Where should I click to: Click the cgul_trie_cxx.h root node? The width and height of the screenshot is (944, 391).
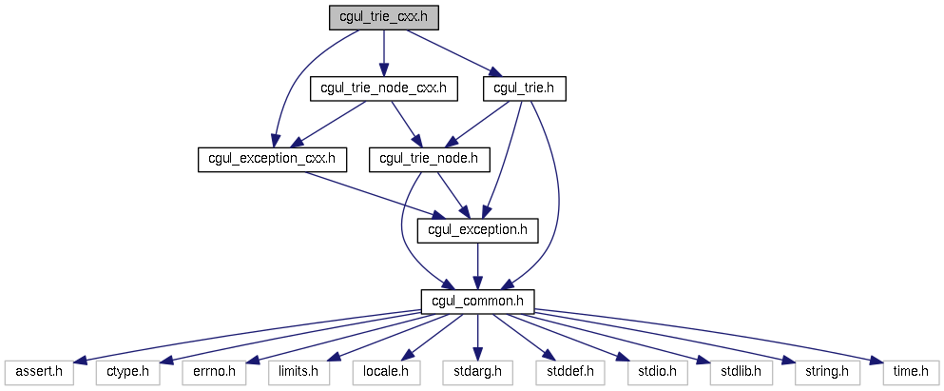tap(383, 17)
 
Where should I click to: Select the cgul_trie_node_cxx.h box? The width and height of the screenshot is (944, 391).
tap(383, 89)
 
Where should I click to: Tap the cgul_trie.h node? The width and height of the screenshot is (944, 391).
tap(525, 89)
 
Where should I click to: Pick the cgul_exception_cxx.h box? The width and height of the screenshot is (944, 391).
tap(272, 160)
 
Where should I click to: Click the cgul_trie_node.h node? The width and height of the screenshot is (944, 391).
tap(430, 160)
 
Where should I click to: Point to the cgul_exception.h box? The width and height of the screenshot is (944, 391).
tap(477, 231)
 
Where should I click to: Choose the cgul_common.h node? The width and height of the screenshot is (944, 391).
tap(477, 302)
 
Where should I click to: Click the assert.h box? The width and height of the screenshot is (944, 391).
tap(39, 373)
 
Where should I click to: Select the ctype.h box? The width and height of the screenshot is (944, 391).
tap(127, 373)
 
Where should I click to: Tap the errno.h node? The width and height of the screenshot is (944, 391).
tap(213, 373)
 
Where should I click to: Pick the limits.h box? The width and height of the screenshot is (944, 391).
tap(299, 373)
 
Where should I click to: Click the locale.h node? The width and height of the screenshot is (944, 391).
tap(386, 373)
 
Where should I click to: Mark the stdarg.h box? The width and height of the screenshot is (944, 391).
tap(477, 373)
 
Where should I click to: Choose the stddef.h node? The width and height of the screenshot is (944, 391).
tap(569, 373)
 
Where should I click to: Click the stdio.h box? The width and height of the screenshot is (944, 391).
tap(657, 373)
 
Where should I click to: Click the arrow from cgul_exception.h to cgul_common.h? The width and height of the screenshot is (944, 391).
tap(477, 266)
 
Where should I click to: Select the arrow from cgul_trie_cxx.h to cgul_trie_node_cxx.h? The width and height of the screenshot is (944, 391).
tap(383, 53)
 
